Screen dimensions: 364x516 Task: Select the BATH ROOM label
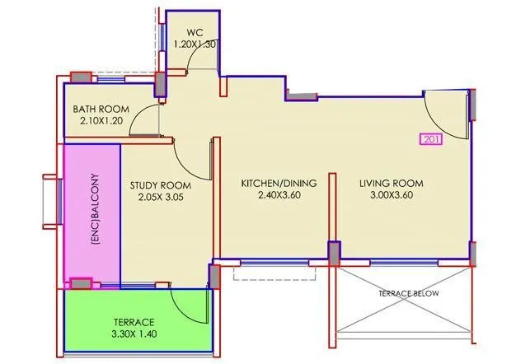(x=101, y=109)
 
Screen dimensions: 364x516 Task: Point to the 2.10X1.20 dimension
(x=101, y=121)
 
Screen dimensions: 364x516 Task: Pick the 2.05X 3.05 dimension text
(x=160, y=198)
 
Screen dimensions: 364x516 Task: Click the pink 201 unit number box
(x=431, y=139)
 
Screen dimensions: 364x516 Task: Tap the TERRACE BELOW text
(x=408, y=294)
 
